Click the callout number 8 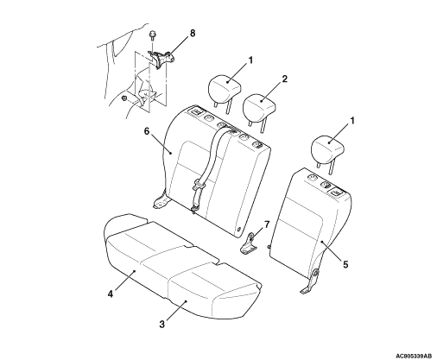(193, 34)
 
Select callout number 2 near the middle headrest (284, 79)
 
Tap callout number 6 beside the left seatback (147, 131)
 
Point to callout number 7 (267, 224)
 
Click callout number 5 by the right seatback (345, 263)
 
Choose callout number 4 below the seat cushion (111, 294)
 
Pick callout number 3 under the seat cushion (162, 324)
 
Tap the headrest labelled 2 (260, 109)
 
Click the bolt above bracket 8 (151, 38)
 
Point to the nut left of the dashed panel (124, 98)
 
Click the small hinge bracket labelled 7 (248, 244)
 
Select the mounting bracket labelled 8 (161, 59)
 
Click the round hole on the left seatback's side (239, 229)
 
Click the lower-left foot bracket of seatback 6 (160, 200)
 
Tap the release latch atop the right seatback (336, 191)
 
